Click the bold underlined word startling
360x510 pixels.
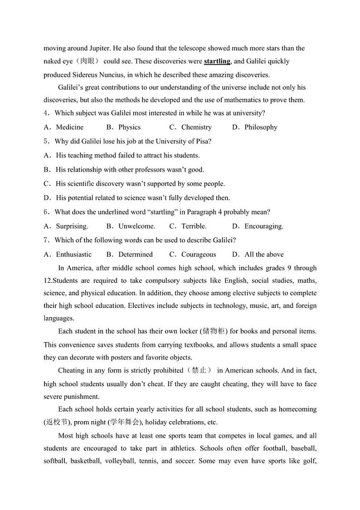click(x=217, y=61)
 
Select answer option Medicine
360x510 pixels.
click(x=69, y=127)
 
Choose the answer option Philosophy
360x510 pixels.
click(x=261, y=127)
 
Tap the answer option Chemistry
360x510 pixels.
click(x=196, y=127)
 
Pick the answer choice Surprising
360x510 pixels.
click(x=72, y=226)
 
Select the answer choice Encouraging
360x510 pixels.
click(x=263, y=226)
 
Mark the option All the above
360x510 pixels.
click(x=264, y=255)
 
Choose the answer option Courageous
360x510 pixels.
click(x=199, y=255)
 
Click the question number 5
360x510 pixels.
click(x=46, y=141)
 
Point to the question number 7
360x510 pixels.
click(x=46, y=240)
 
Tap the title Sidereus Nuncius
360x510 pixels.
click(x=97, y=75)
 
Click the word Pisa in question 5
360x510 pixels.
click(x=201, y=141)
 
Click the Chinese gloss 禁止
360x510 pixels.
click(x=199, y=370)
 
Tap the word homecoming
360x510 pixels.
click(x=297, y=409)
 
